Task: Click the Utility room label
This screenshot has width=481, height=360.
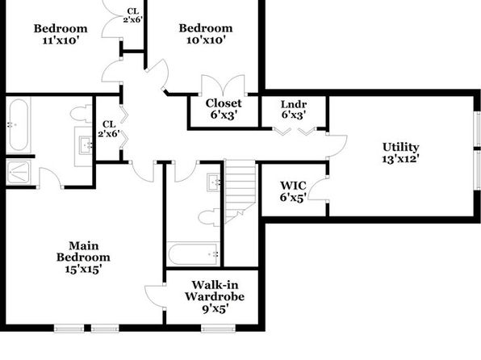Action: coord(400,148)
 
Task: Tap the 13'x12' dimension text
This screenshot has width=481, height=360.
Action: coord(400,159)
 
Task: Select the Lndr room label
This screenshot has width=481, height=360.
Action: coord(294,104)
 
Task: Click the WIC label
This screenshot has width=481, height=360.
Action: coord(293,186)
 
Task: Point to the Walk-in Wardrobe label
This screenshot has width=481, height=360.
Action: coord(215,291)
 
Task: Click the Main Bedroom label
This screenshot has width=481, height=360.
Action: coord(83,251)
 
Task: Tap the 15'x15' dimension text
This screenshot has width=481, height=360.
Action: coord(83,270)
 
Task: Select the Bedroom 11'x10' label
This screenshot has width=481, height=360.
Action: coord(61,34)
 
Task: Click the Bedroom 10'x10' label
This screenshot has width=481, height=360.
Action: coord(206,34)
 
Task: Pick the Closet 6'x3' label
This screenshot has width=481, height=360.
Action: coord(224,109)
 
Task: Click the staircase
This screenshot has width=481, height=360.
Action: coord(240,190)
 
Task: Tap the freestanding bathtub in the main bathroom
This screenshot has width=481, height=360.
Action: coord(19,124)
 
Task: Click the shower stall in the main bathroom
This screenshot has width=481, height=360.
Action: coord(19,172)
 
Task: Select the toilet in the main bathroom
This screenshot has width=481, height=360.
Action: coord(81,114)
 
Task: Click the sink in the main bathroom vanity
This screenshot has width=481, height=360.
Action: coord(86,145)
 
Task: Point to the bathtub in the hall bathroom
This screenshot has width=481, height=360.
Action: coord(193,253)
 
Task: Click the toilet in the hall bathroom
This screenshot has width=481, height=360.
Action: coord(209,217)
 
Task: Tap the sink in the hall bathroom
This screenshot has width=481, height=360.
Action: coord(214,182)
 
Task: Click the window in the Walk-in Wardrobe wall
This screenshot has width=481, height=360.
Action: coord(219,328)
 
